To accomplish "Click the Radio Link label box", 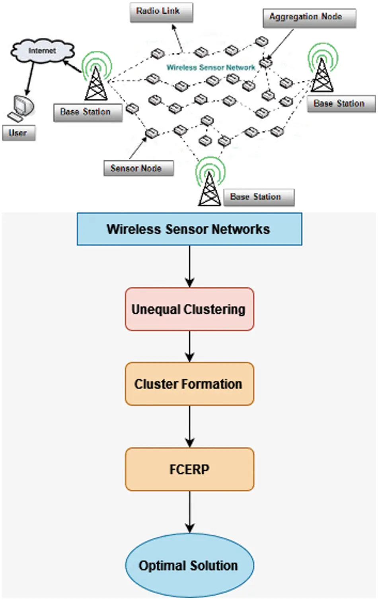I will point(161,12).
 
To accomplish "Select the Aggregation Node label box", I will point(309,18).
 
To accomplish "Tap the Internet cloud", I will point(42,51).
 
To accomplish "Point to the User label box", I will point(19,133).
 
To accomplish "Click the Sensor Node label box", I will point(138,168).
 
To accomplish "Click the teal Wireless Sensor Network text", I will point(210,68).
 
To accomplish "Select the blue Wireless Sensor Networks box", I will point(189,229).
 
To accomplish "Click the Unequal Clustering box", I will point(189,309).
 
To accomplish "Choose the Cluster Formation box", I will point(189,384).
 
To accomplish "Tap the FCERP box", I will point(189,469).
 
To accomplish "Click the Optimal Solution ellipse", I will point(189,565).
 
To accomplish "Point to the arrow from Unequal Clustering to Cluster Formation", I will point(190,346).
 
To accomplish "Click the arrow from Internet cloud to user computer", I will point(30,78).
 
